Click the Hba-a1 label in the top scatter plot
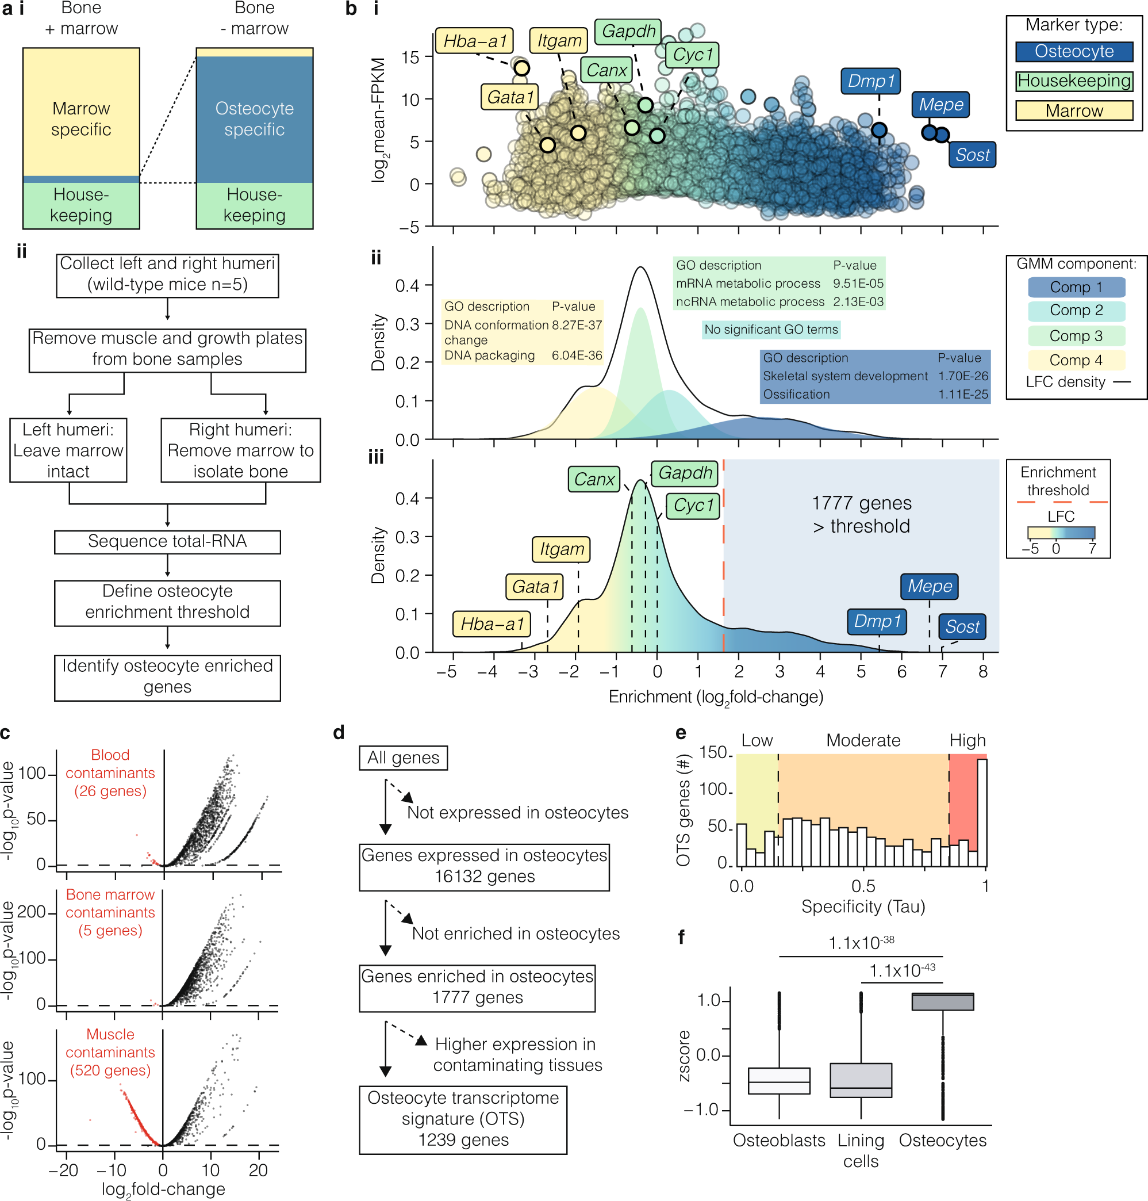tap(475, 41)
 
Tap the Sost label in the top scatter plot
tap(972, 155)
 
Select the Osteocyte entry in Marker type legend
tap(1074, 51)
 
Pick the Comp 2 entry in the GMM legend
tap(1076, 311)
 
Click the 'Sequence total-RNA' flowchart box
tap(167, 541)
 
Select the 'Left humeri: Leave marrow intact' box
tap(68, 450)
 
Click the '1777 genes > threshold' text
tap(861, 514)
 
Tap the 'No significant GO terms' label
tap(770, 330)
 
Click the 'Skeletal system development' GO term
tap(844, 376)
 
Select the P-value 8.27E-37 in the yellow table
tap(577, 325)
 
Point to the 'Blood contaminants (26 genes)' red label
tap(110, 772)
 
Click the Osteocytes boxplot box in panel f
tap(942, 1001)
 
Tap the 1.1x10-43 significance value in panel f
tap(902, 971)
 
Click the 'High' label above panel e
tap(967, 741)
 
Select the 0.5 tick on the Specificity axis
tap(863, 886)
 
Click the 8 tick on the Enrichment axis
tap(983, 671)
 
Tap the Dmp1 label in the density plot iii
tap(877, 621)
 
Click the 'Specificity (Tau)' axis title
tap(863, 907)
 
